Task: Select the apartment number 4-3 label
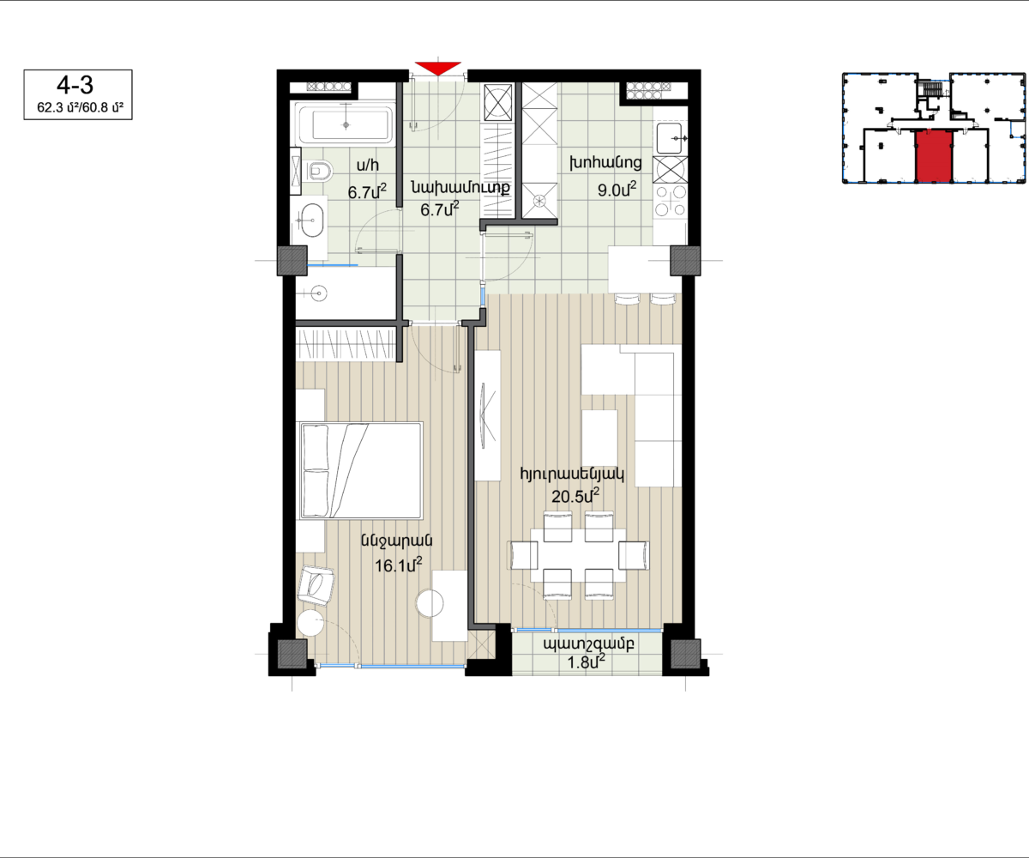(75, 85)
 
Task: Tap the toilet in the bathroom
(318, 171)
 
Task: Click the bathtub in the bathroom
(346, 124)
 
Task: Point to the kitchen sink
(671, 138)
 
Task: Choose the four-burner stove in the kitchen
(671, 201)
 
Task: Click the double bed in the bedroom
(361, 470)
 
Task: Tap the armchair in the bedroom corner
(316, 585)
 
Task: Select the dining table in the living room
(578, 555)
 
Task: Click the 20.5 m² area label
(575, 496)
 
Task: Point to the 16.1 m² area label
(398, 565)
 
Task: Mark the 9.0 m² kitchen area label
(617, 190)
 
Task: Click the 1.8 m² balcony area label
(586, 662)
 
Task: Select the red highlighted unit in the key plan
(934, 157)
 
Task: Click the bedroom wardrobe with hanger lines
(346, 344)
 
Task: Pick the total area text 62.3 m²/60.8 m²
(81, 107)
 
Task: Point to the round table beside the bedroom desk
(430, 602)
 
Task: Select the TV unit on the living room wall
(488, 415)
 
